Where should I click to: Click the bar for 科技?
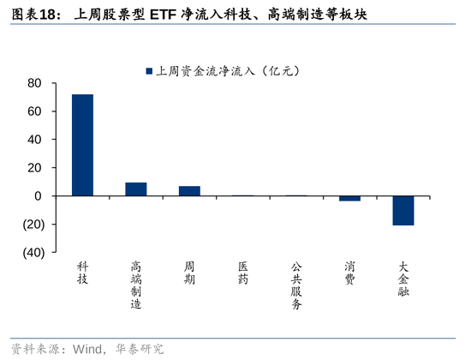82,145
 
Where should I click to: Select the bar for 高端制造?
136,189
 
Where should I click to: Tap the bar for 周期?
189,191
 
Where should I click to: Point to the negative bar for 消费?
349,198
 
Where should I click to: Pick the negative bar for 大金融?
403,210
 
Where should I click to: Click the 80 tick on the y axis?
34,83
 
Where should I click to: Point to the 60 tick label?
34,111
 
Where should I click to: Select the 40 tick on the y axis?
34,140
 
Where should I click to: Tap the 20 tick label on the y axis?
34,168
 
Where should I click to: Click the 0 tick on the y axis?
38,196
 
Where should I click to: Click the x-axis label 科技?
82,273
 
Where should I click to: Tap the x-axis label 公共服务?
296,286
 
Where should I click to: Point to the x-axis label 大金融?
403,279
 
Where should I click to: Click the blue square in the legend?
149,71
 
